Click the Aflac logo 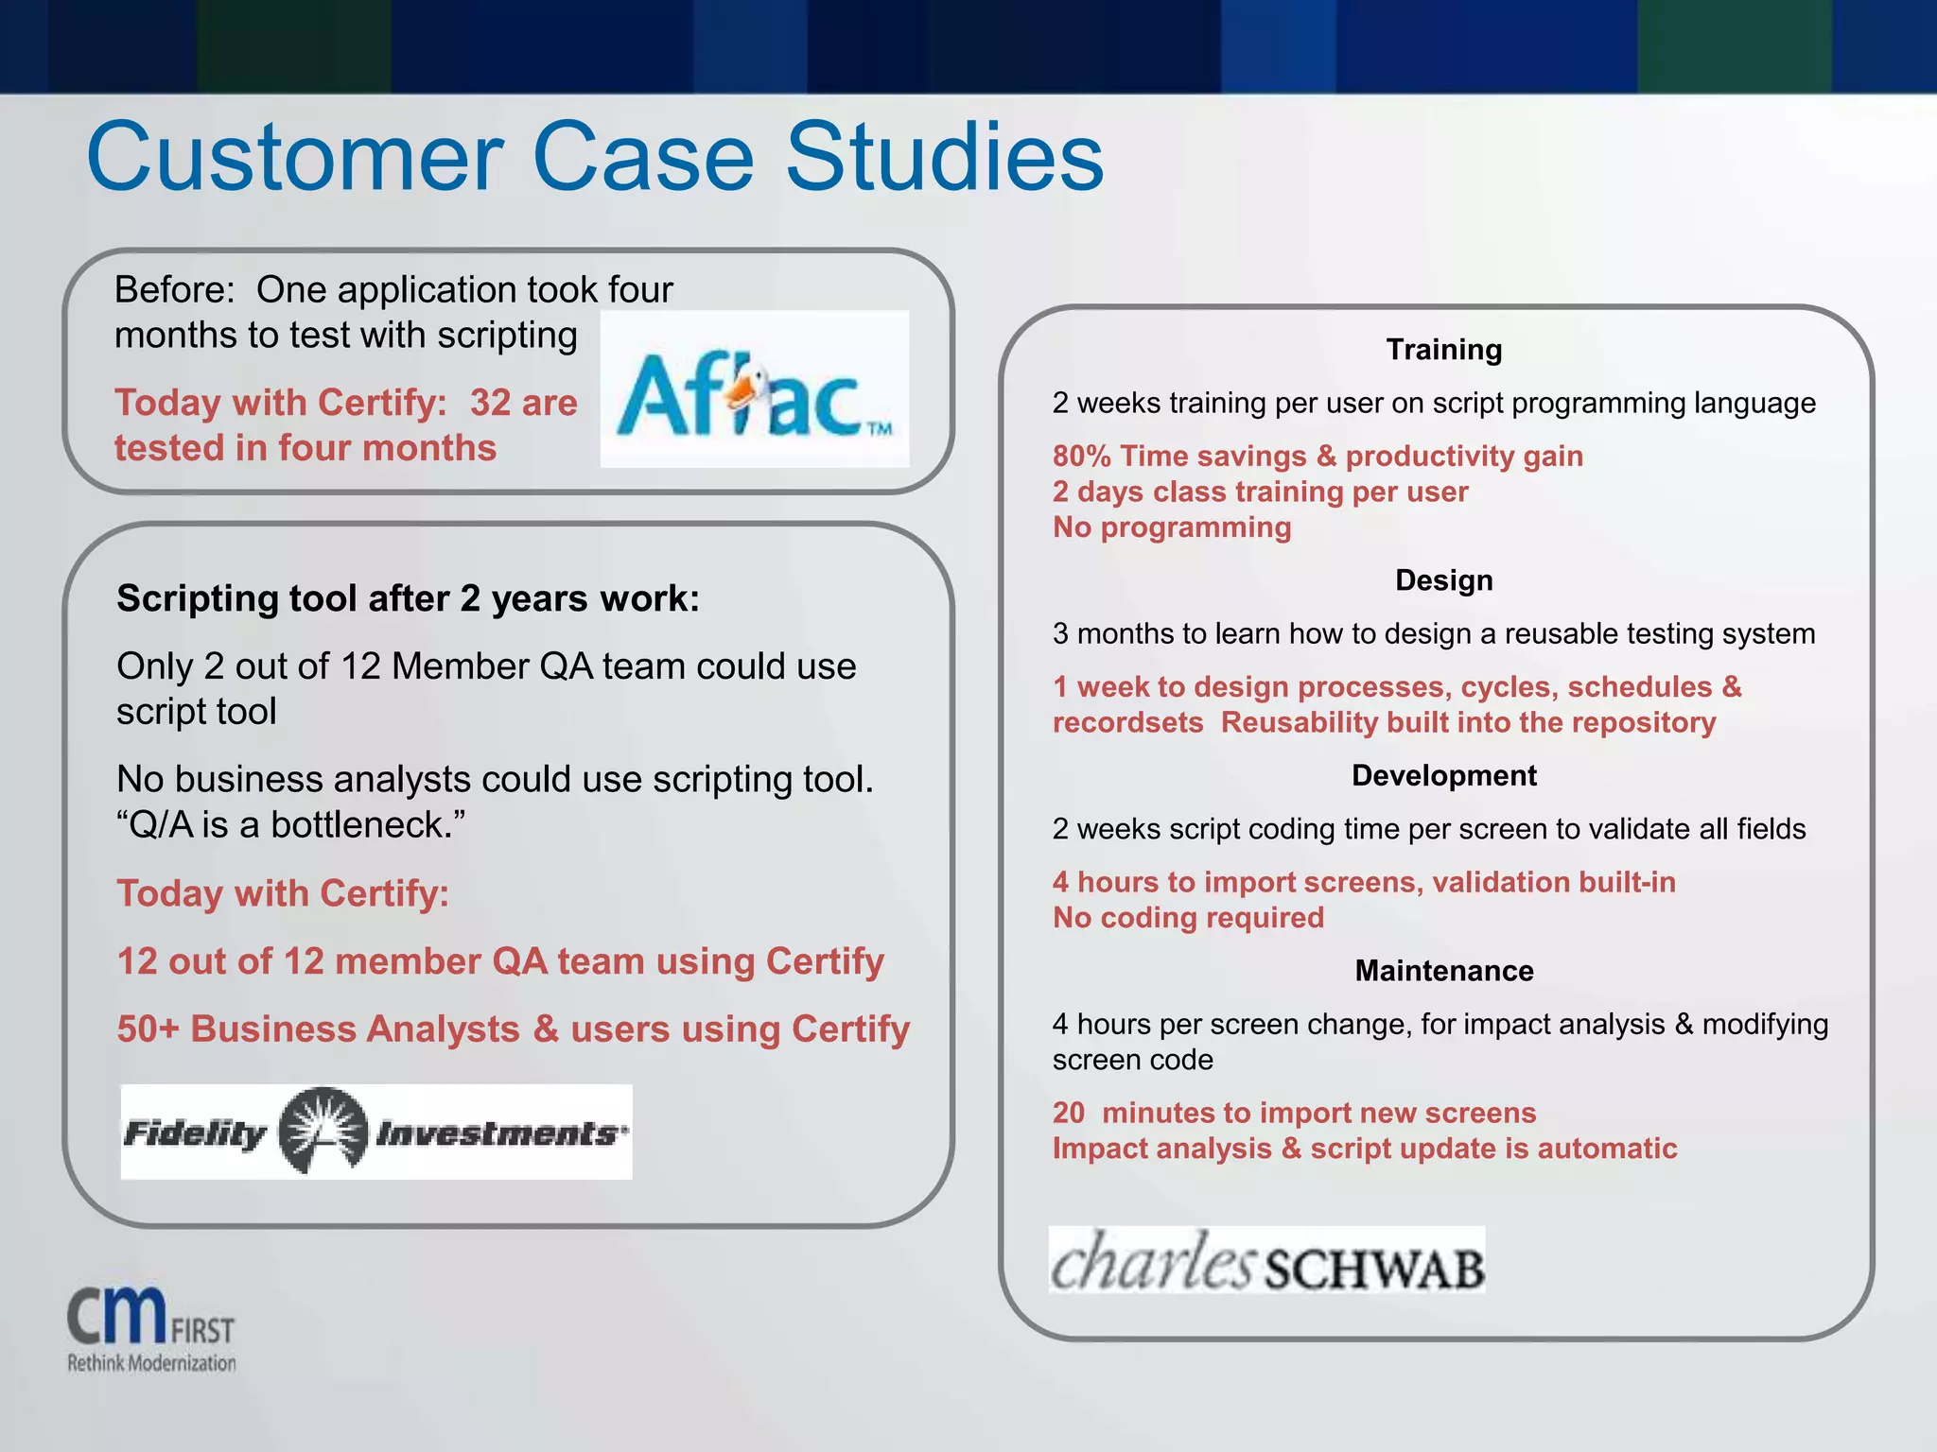(x=754, y=389)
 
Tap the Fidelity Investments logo (x=375, y=1132)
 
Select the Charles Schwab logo (x=1266, y=1261)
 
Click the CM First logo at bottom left (x=150, y=1328)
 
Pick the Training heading (x=1443, y=350)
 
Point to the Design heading (x=1443, y=580)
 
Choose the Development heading (x=1443, y=775)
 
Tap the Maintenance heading (x=1443, y=971)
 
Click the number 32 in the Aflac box (x=490, y=404)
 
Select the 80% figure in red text (x=1081, y=457)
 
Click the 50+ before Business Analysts (x=148, y=1029)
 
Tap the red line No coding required (x=1188, y=918)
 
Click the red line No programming (x=1172, y=527)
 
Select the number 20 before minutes (x=1069, y=1113)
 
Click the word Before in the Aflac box (x=173, y=290)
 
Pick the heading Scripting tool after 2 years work (x=408, y=599)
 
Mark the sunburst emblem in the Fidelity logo (x=323, y=1131)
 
